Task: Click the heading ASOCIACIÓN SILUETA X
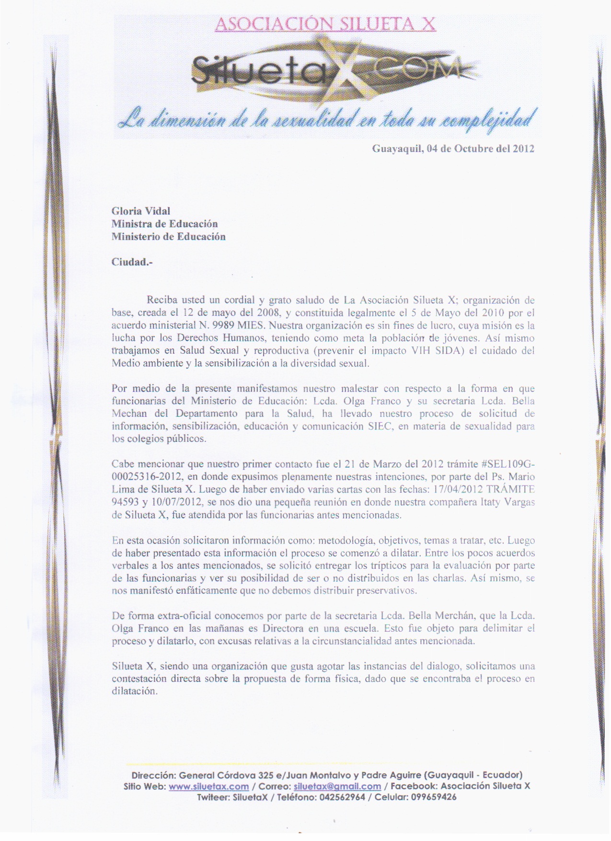point(325,23)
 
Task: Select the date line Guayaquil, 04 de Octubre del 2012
point(453,149)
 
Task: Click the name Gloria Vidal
point(141,211)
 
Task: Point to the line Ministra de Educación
point(164,224)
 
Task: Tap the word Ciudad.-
point(132,262)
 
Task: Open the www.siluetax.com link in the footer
point(208,786)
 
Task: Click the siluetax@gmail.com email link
point(337,786)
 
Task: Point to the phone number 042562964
point(342,797)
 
